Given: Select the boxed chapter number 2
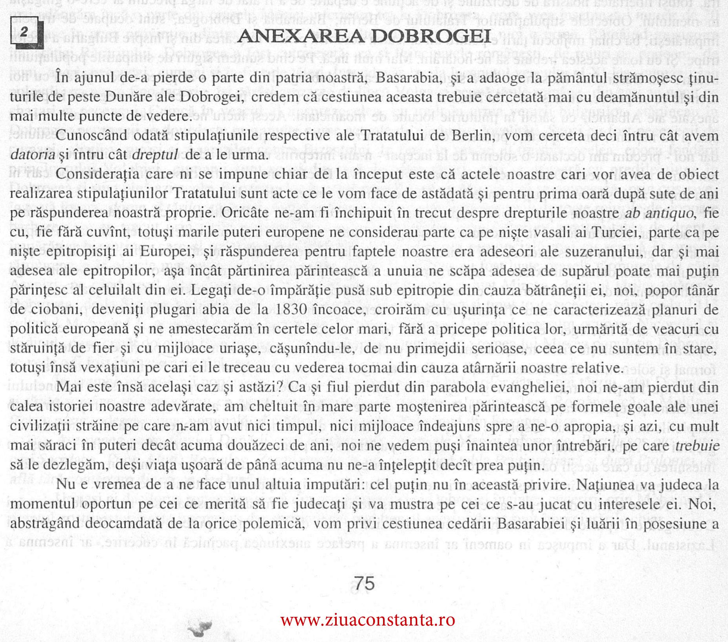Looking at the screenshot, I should tap(24, 33).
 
